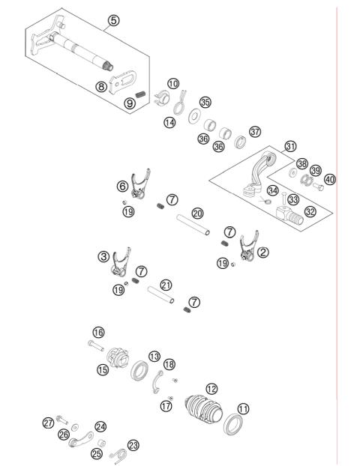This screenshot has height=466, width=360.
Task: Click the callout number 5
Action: coord(113,20)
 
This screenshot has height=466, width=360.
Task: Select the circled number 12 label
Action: coord(211,388)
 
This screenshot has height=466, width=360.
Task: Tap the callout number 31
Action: coord(291,147)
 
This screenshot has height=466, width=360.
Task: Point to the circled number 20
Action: coord(197,214)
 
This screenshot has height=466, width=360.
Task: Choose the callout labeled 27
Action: coord(49,423)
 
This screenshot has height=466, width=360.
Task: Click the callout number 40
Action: coord(330,179)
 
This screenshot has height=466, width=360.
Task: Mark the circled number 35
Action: coord(205,103)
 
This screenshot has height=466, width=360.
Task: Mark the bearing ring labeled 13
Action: coord(139,370)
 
